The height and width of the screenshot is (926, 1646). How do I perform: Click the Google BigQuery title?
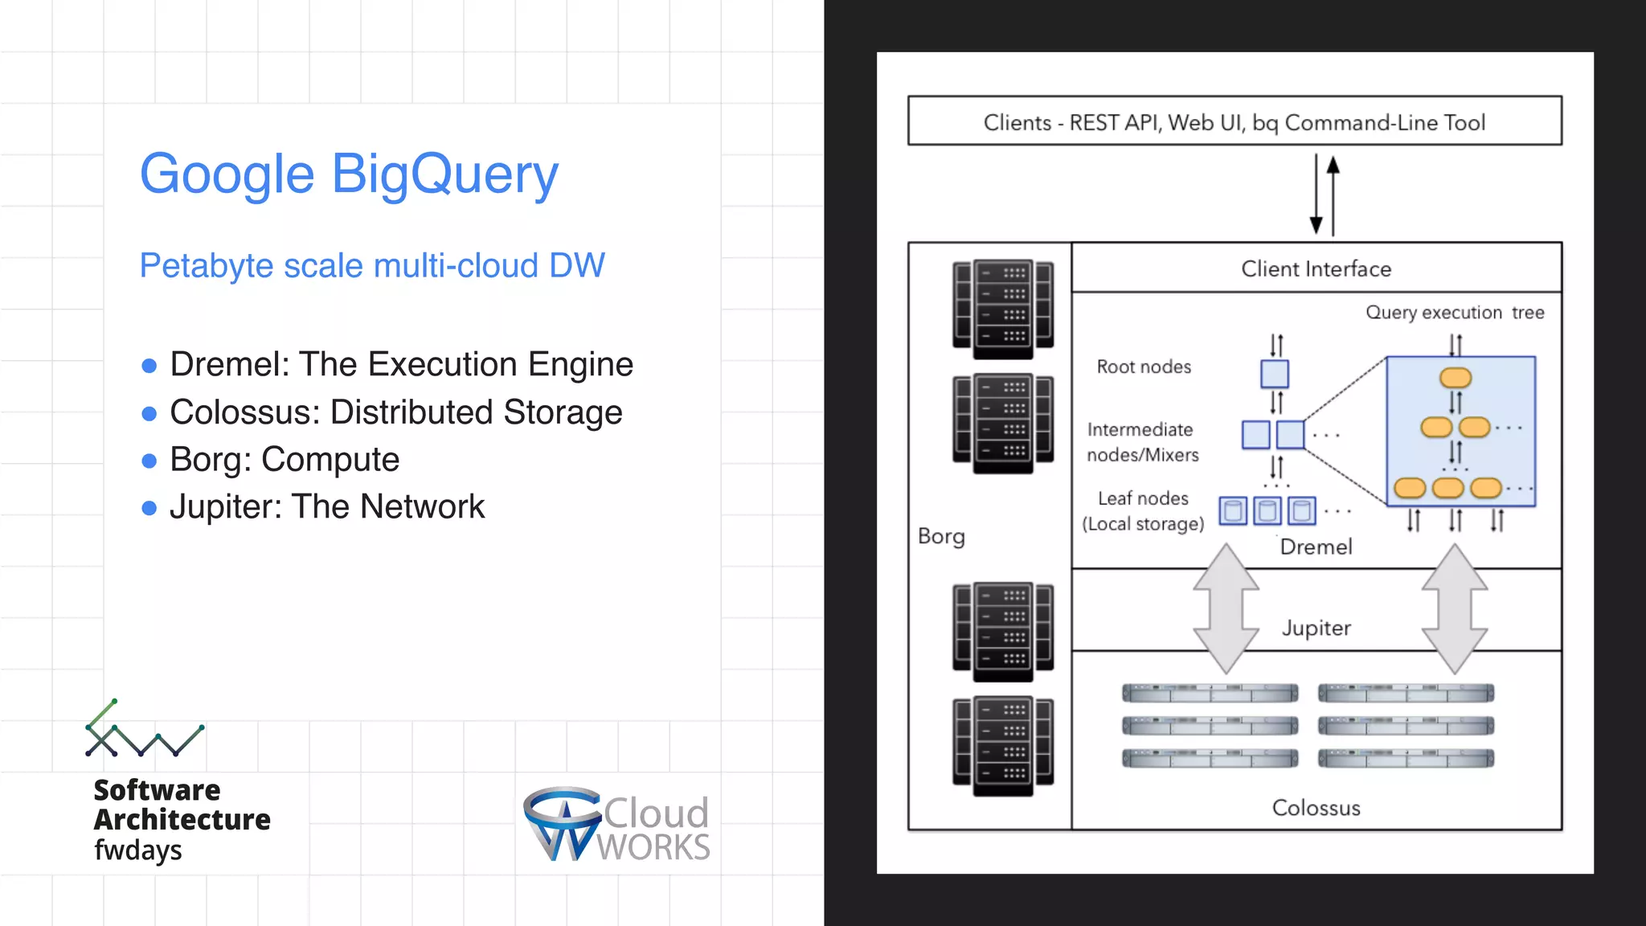point(348,174)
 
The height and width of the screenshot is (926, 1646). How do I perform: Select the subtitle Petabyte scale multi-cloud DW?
point(372,266)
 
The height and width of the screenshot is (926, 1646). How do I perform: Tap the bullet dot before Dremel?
point(149,367)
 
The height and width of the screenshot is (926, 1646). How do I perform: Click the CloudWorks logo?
point(616,825)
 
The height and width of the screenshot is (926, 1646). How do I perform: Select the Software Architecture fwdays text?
point(181,819)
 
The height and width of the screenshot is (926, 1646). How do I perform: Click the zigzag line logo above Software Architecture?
point(144,730)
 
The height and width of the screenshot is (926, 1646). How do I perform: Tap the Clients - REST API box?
point(1234,121)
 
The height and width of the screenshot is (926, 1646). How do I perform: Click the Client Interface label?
point(1316,269)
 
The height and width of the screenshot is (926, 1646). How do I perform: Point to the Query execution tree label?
point(1455,313)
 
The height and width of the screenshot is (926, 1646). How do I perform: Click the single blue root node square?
point(1274,374)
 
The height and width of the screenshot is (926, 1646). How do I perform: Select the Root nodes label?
point(1144,367)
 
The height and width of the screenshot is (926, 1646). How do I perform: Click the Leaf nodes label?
point(1143,499)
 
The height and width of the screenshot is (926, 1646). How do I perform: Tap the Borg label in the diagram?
point(941,537)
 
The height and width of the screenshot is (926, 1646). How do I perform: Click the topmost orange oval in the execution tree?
point(1455,378)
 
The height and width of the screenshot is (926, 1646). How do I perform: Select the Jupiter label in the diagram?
point(1316,628)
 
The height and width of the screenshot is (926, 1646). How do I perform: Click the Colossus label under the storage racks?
point(1316,808)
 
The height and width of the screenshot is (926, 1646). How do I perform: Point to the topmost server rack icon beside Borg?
point(1003,309)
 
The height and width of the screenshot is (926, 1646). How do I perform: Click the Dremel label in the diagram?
point(1316,547)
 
